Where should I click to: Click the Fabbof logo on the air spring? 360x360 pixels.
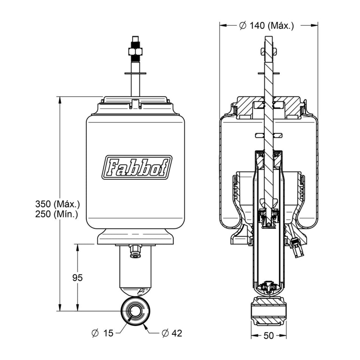click(137, 167)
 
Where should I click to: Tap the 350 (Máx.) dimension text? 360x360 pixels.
click(57, 203)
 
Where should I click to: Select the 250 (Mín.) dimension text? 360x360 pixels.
click(56, 214)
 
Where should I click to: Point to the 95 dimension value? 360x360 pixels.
click(77, 278)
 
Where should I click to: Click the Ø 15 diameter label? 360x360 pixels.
click(103, 333)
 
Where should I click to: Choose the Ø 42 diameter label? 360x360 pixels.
click(172, 333)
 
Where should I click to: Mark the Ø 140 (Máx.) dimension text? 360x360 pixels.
click(266, 25)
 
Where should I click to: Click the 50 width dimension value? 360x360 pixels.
click(269, 336)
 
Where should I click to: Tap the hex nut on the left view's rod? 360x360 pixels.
click(135, 52)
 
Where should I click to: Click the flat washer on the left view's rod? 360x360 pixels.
click(135, 74)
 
